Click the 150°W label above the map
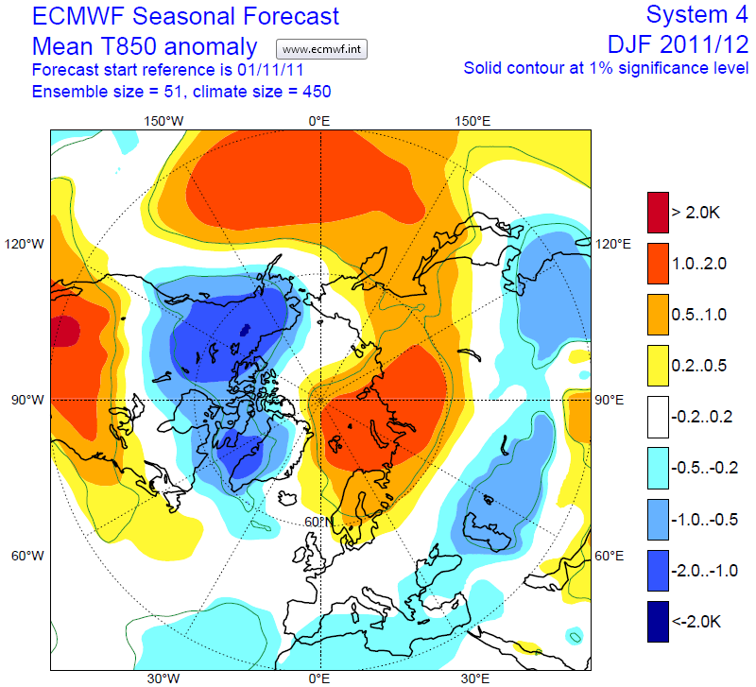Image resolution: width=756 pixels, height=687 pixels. (163, 121)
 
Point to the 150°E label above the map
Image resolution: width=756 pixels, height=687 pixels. (473, 121)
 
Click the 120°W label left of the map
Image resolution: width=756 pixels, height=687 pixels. (27, 245)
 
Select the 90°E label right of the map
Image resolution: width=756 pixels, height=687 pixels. (610, 400)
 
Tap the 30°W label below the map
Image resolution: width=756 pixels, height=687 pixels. (163, 678)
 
